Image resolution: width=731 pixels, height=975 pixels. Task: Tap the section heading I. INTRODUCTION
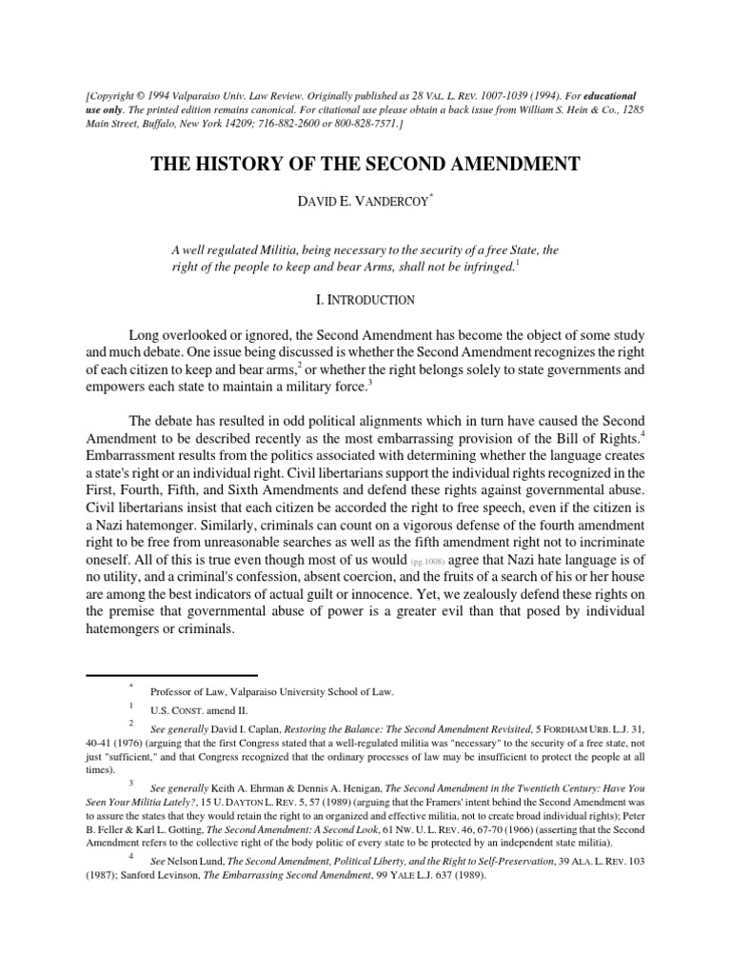(365, 300)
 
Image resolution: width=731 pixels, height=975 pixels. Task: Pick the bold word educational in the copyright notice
(603, 97)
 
